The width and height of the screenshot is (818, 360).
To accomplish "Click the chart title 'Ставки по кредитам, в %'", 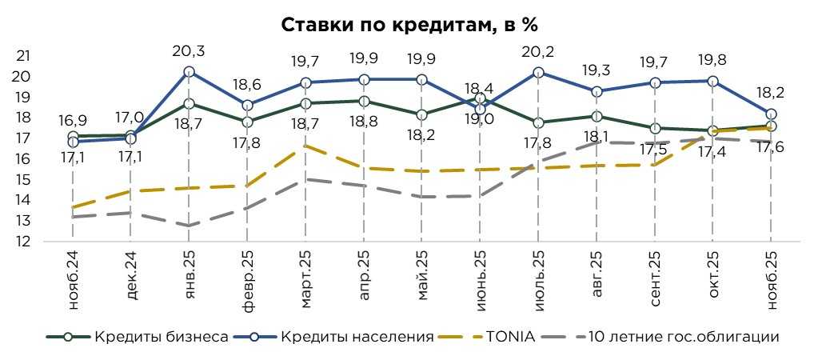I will click(x=409, y=24).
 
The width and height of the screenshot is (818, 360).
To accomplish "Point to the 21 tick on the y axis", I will click(x=23, y=56).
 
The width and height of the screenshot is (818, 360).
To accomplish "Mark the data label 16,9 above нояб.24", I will click(x=73, y=121).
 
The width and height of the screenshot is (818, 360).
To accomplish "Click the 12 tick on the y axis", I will click(x=23, y=241).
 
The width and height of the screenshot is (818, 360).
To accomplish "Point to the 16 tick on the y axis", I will click(x=23, y=158).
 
